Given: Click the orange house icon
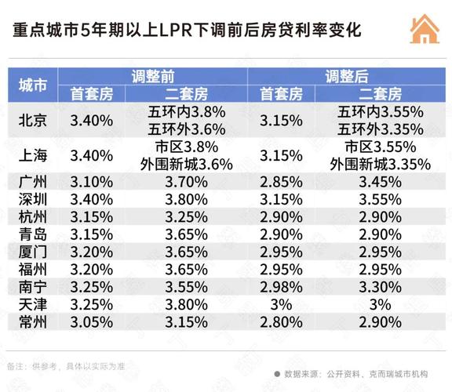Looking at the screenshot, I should pos(424,30).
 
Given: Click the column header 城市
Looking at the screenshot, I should pos(32,85).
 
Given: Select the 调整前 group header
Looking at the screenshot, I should pos(153,77).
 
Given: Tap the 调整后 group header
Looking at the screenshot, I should pos(346,77).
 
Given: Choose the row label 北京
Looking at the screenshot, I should pos(32,120).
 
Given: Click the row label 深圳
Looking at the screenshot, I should pos(32,198).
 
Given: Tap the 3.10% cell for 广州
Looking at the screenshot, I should pos(91,181).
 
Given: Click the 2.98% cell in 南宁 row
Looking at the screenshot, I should pos(281,287).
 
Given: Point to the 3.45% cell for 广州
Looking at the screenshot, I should pos(381,181).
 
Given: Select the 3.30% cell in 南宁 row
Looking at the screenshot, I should pos(381,287).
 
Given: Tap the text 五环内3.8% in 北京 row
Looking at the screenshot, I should pos(188,111).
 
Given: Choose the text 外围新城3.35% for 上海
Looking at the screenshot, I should pos(381,164).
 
